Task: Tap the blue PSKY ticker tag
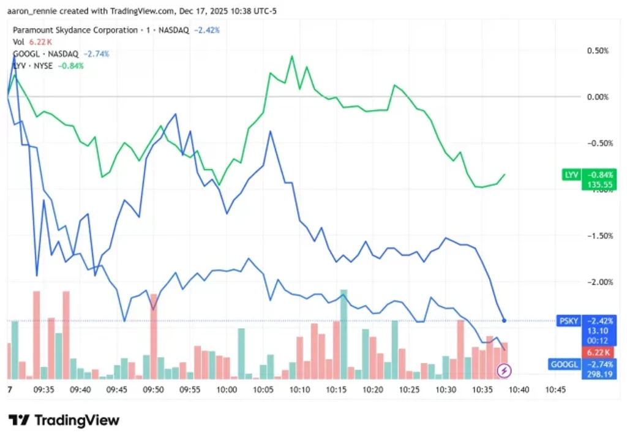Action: [x=569, y=321]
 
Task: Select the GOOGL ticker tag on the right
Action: [x=564, y=364]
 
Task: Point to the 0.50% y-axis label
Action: [x=598, y=51]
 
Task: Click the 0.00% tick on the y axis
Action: [x=598, y=97]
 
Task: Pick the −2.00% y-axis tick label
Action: [x=600, y=282]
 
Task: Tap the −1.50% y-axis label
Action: [x=600, y=236]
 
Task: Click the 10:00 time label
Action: [x=227, y=390]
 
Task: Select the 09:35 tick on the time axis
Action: [x=43, y=390]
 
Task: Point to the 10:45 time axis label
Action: [x=555, y=390]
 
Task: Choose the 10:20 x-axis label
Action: [x=373, y=390]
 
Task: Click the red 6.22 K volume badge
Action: [x=598, y=352]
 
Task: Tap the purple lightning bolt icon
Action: [x=504, y=371]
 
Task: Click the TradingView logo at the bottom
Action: [x=64, y=420]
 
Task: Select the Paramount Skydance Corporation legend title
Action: [x=75, y=30]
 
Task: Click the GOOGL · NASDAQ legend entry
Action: [x=45, y=54]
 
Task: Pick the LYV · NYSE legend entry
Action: [x=33, y=66]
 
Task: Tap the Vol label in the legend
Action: [x=18, y=42]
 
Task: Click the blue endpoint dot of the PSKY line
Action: [x=504, y=320]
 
